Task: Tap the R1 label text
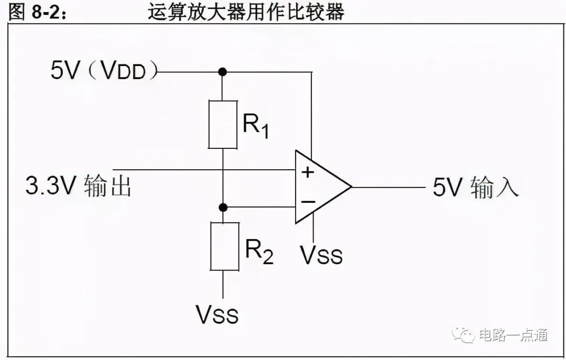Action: point(256,126)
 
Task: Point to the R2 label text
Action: point(259,252)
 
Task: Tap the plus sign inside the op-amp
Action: point(308,172)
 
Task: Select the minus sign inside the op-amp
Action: point(308,202)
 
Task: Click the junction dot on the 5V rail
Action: point(223,72)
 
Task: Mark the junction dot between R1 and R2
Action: point(223,208)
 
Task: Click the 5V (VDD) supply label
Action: point(104,70)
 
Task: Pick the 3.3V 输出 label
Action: point(78,186)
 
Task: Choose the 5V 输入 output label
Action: point(475,187)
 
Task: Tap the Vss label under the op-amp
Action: point(321,255)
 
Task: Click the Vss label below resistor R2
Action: point(217,314)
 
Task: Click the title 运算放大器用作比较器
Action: point(246,12)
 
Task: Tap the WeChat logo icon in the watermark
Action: point(463,335)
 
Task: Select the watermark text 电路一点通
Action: point(513,335)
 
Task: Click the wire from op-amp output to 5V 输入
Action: point(388,187)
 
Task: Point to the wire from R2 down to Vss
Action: point(223,285)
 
